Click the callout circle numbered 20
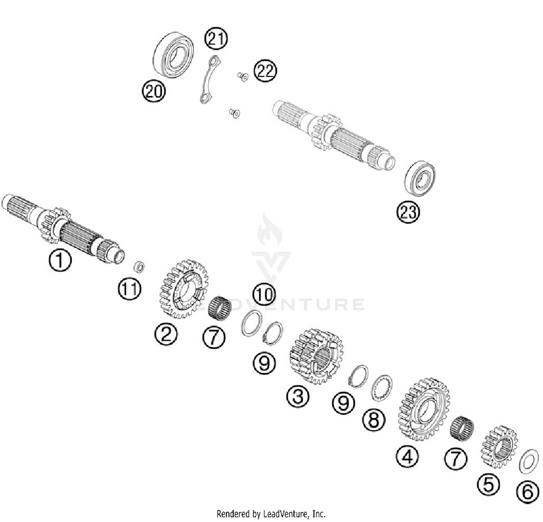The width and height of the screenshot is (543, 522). click(x=154, y=91)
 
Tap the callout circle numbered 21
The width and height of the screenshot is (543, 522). click(x=216, y=38)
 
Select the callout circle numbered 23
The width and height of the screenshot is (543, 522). click(x=408, y=212)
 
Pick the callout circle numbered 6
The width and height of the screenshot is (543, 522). click(x=527, y=492)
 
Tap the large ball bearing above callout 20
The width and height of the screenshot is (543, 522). click(x=173, y=55)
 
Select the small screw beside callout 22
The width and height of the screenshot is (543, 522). click(x=243, y=76)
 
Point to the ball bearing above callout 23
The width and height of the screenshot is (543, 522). click(x=420, y=178)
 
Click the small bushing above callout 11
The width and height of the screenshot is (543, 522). click(x=139, y=267)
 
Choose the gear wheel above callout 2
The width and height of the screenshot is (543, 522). click(x=184, y=289)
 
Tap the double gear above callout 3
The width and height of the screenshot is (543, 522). click(x=316, y=356)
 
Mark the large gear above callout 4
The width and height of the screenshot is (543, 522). click(x=424, y=409)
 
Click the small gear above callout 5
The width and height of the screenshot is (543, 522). click(x=499, y=446)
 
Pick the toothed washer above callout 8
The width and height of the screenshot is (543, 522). click(x=382, y=388)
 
